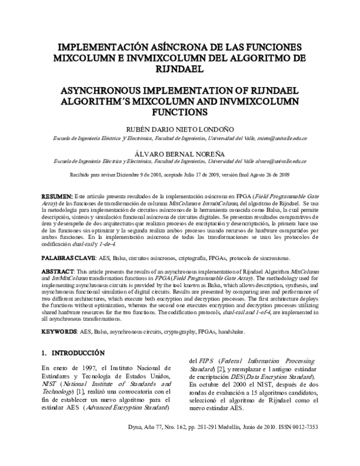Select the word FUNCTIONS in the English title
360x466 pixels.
(179, 112)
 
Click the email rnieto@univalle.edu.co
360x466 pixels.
(264, 138)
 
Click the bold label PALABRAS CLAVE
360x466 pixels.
(66, 257)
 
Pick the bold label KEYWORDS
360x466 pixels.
(58, 331)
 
